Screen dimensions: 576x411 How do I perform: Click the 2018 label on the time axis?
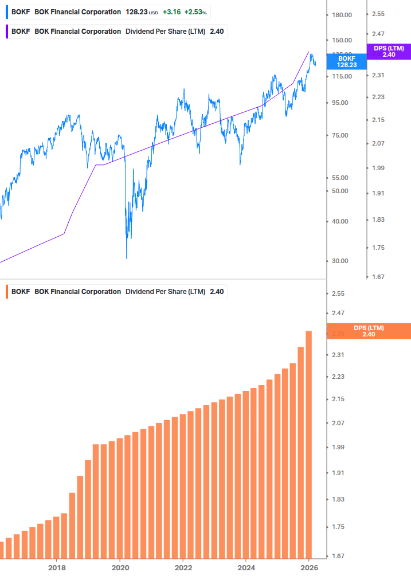[56, 567]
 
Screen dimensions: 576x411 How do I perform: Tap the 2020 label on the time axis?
[120, 567]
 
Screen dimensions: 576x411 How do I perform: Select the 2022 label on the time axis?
[183, 567]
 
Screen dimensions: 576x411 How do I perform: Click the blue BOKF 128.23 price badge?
[346, 62]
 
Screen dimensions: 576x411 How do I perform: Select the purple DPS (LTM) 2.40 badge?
[389, 52]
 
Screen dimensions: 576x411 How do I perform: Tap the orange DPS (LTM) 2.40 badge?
[368, 331]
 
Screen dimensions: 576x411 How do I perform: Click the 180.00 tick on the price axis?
[341, 15]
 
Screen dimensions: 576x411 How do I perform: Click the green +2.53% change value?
[195, 12]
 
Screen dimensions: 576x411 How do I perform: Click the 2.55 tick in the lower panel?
[338, 293]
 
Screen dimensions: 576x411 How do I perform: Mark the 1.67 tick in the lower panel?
[338, 556]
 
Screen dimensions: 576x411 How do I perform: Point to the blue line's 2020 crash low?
[127, 258]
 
